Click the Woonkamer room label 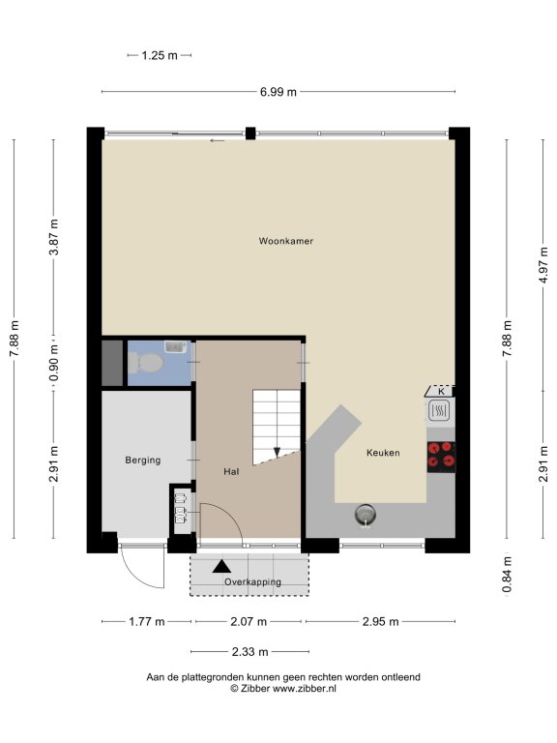[285, 241]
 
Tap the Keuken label [383, 453]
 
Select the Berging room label [142, 460]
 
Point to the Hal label [231, 471]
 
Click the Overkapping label [253, 581]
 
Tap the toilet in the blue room [146, 364]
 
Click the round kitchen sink [366, 515]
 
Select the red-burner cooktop [441, 457]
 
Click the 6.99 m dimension [278, 92]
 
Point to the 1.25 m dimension [160, 55]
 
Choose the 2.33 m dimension [250, 652]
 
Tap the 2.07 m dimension [249, 621]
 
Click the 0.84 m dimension [507, 575]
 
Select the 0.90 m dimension [54, 363]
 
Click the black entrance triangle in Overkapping [221, 566]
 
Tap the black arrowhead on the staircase [277, 453]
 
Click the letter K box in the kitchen [441, 392]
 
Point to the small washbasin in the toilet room [175, 346]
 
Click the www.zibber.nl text [304, 689]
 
